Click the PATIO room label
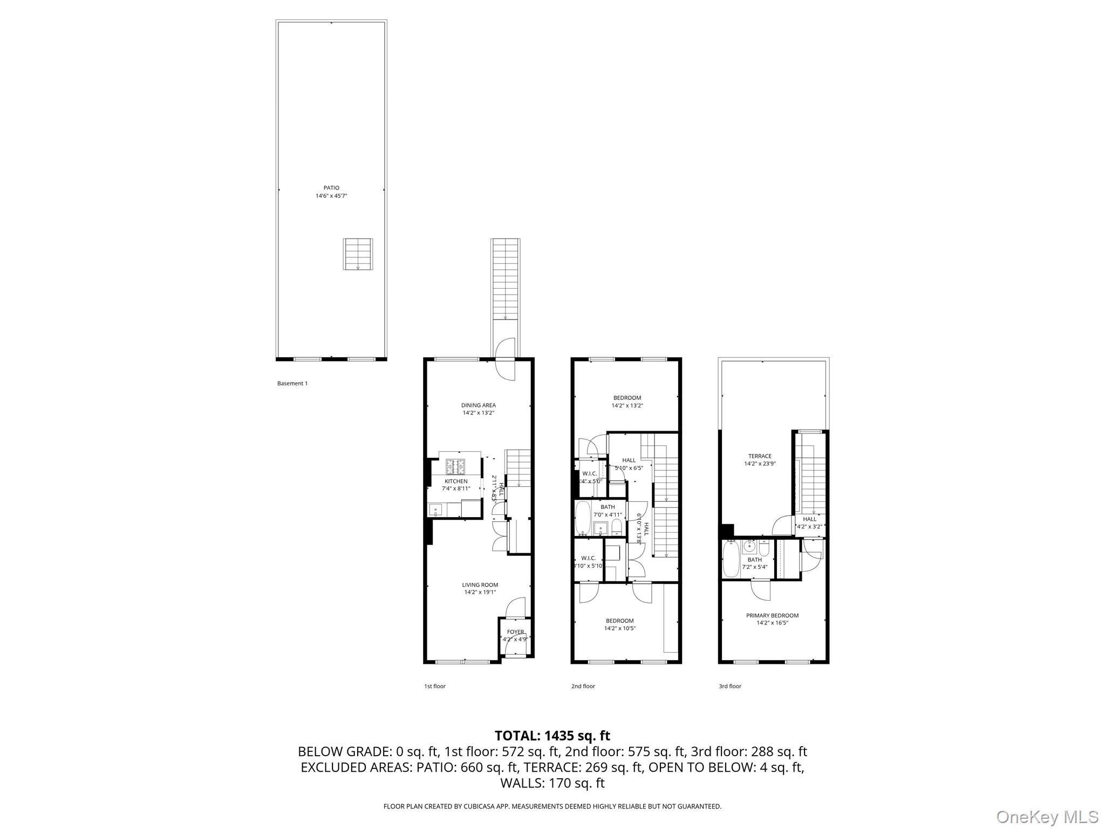pyautogui.click(x=331, y=188)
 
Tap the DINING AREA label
pyautogui.click(x=478, y=405)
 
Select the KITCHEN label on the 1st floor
pyautogui.click(x=456, y=481)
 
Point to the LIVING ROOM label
pyautogui.click(x=480, y=585)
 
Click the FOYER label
pyautogui.click(x=515, y=632)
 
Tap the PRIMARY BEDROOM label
pyautogui.click(x=772, y=615)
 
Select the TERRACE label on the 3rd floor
pyautogui.click(x=760, y=456)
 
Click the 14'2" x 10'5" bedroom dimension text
pyautogui.click(x=619, y=628)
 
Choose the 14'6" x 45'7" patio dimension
pyautogui.click(x=331, y=196)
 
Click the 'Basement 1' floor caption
pyautogui.click(x=292, y=384)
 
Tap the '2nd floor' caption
pyautogui.click(x=583, y=687)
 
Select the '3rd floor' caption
pyautogui.click(x=730, y=687)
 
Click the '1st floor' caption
pyautogui.click(x=435, y=687)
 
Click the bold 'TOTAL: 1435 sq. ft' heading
pyautogui.click(x=552, y=736)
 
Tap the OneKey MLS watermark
pyautogui.click(x=1047, y=817)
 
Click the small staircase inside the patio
pyautogui.click(x=358, y=254)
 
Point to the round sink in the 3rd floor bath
pyautogui.click(x=749, y=547)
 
